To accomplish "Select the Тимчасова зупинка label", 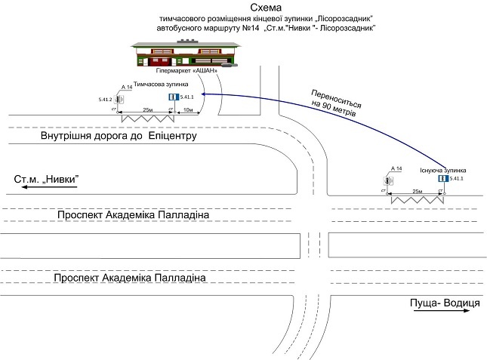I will click(x=161, y=85).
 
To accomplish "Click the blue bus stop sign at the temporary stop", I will click(x=172, y=97).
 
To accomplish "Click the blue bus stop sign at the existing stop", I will click(x=443, y=178).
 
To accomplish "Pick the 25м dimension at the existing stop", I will click(x=416, y=192).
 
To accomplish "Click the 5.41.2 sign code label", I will click(x=105, y=99).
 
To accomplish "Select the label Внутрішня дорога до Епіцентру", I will click(x=119, y=137).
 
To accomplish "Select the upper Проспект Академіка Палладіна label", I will click(x=133, y=217).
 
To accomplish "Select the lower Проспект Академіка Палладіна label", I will click(x=130, y=278).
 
